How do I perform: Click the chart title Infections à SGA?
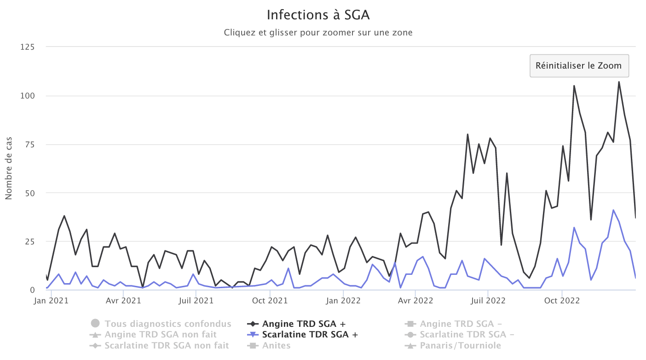[x=318, y=15]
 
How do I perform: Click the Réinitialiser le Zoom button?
[x=579, y=65]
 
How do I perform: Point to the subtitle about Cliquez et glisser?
[x=318, y=33]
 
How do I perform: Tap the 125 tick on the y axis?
[x=28, y=47]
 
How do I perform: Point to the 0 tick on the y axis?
[x=32, y=290]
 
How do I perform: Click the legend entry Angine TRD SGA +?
[x=303, y=324]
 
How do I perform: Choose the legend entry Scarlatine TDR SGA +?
[x=309, y=335]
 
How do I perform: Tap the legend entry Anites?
[x=276, y=345]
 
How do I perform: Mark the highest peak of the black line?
[x=619, y=82]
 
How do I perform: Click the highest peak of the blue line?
[x=613, y=210]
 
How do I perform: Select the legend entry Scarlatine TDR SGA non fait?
[x=166, y=345]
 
